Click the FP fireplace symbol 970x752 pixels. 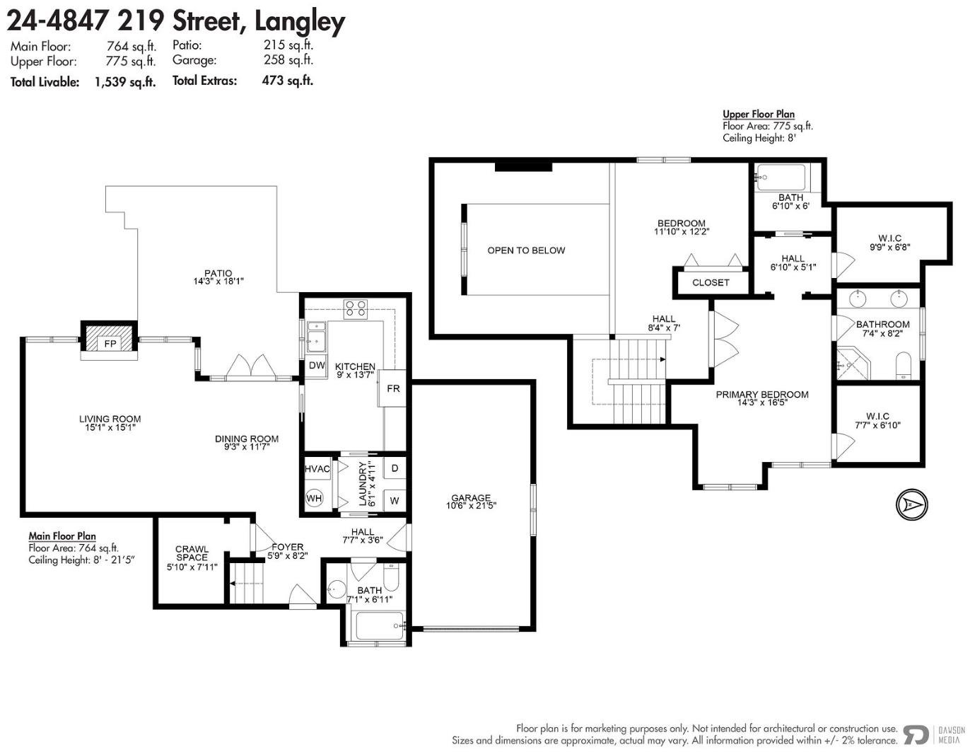[110, 341]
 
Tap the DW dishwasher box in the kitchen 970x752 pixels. [317, 366]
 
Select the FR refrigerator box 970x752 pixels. [392, 388]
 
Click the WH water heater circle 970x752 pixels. [314, 498]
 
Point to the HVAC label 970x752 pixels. [317, 469]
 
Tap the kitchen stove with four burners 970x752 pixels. [356, 309]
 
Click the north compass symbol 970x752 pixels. [911, 504]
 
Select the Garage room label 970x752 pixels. [470, 502]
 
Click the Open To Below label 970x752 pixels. [526, 250]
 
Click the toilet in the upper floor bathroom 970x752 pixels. [903, 366]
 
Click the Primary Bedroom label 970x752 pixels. [762, 398]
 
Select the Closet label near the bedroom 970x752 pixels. [711, 283]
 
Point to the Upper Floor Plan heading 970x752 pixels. [759, 115]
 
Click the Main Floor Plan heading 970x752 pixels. [62, 536]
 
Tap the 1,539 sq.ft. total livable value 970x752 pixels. [125, 82]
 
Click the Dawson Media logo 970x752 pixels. [933, 735]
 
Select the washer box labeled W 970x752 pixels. [395, 501]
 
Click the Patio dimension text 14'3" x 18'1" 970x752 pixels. [218, 282]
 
